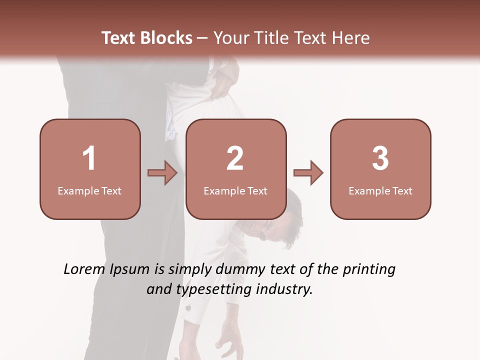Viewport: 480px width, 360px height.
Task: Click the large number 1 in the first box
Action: (89, 158)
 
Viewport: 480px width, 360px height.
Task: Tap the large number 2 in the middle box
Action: (235, 158)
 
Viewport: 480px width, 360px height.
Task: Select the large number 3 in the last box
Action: (380, 158)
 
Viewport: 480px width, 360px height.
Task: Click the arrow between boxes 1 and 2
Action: (162, 173)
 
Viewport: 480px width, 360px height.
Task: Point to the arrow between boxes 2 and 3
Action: (308, 173)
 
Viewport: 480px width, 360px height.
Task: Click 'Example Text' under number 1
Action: (89, 190)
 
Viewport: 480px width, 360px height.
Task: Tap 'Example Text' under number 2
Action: (235, 190)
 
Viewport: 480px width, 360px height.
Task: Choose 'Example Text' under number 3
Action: (380, 190)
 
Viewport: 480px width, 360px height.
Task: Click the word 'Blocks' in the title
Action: (167, 38)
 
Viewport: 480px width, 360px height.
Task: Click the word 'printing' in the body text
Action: (369, 269)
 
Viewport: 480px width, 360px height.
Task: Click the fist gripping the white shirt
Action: (222, 80)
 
